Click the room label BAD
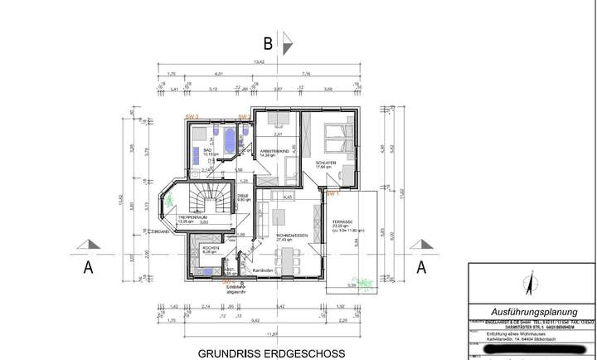point(197,149)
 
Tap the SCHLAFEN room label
point(325,163)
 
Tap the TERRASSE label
point(342,222)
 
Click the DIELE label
point(244,197)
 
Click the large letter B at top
point(267,44)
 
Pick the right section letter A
point(420,267)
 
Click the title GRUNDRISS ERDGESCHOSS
point(270,353)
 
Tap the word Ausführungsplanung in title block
point(529,306)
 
